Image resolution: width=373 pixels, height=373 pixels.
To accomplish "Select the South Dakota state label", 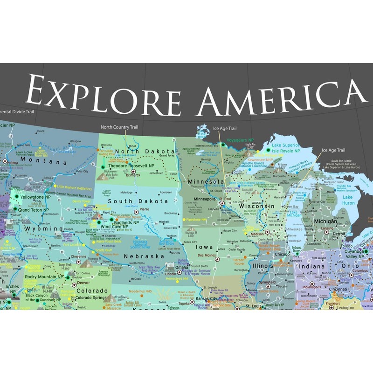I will tap(138, 201).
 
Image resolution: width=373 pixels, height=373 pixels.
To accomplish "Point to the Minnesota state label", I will tap(206, 181).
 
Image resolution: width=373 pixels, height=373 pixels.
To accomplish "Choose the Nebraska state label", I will tap(144, 256).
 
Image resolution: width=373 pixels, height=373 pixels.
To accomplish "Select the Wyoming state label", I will tap(43, 229).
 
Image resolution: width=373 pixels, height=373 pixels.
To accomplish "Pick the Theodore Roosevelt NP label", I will tap(131, 165).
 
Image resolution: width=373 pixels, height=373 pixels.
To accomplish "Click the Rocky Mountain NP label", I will tap(44, 276).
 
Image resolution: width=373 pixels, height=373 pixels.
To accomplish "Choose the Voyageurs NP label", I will tap(240, 140).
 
